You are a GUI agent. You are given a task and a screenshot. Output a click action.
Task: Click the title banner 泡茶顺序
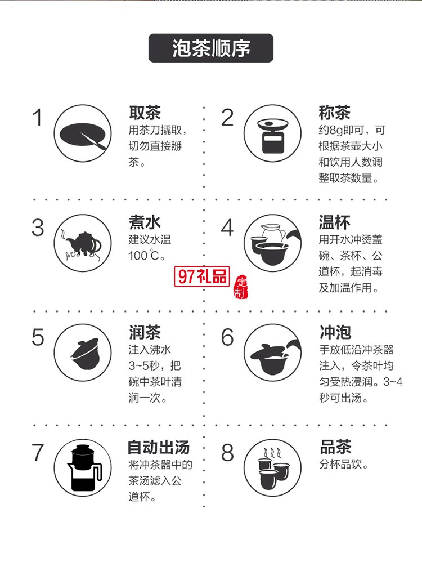pyautogui.click(x=210, y=48)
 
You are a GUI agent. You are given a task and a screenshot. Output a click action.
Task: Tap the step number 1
pyautogui.click(x=38, y=118)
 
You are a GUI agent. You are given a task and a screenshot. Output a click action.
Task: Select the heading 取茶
pyautogui.click(x=145, y=113)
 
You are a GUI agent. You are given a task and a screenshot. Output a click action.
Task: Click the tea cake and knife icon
pyautogui.click(x=83, y=133)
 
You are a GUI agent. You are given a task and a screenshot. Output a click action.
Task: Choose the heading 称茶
pyautogui.click(x=334, y=113)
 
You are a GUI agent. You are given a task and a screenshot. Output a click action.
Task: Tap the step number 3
pyautogui.click(x=38, y=228)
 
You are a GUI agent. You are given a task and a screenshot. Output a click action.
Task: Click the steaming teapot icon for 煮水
pyautogui.click(x=83, y=243)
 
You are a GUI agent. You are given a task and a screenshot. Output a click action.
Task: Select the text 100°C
pyautogui.click(x=147, y=256)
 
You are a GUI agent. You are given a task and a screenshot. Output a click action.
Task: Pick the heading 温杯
pyautogui.click(x=334, y=222)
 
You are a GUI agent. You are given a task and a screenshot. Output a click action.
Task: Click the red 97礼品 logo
pyautogui.click(x=203, y=276)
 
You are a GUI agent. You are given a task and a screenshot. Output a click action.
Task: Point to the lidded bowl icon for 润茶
pyautogui.click(x=83, y=353)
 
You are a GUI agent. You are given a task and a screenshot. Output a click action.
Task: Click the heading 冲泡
pyautogui.click(x=334, y=332)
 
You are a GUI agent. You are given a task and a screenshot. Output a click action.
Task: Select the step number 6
pyautogui.click(x=227, y=337)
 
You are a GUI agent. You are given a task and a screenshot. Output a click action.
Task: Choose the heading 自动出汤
pyautogui.click(x=158, y=448)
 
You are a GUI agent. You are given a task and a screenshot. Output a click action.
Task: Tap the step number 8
pyautogui.click(x=227, y=453)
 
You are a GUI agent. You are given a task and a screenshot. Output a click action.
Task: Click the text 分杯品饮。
pyautogui.click(x=344, y=465)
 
